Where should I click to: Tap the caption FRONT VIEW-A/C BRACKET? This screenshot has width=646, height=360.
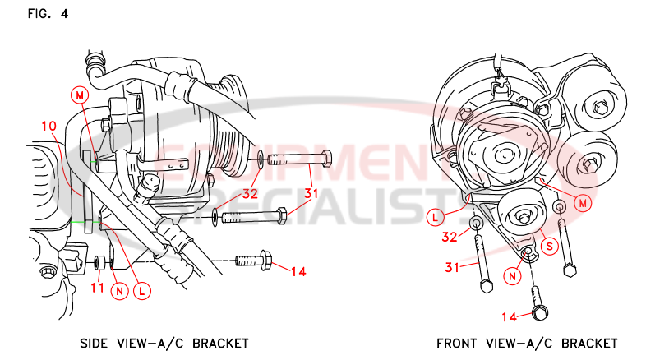pyautogui.click(x=527, y=343)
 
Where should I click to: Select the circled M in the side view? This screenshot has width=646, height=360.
pyautogui.click(x=81, y=95)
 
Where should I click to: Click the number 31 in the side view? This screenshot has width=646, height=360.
pyautogui.click(x=311, y=194)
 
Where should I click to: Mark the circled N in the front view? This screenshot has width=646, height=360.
pyautogui.click(x=512, y=275)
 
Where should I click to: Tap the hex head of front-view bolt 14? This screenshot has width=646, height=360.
pyautogui.click(x=540, y=312)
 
